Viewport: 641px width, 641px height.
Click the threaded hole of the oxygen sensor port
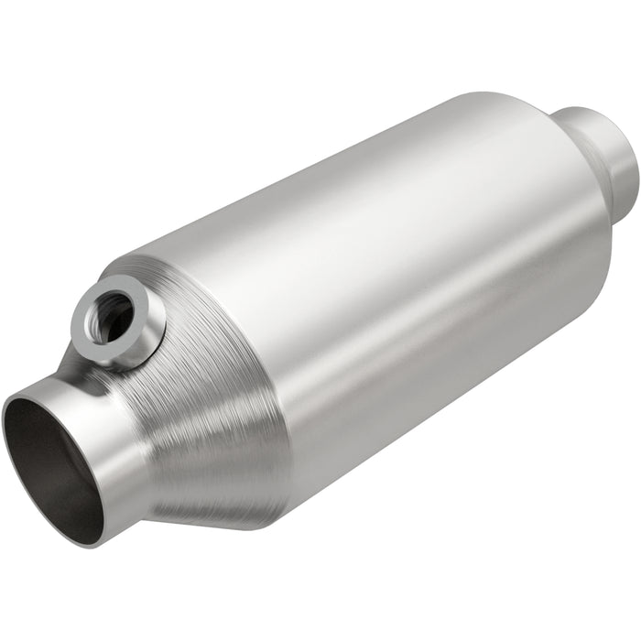(113, 317)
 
